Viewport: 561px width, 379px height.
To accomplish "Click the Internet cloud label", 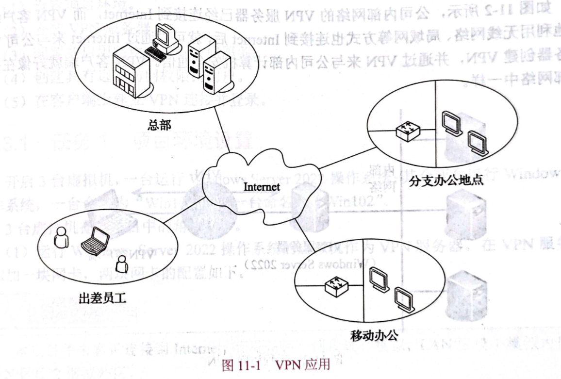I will click(x=261, y=186).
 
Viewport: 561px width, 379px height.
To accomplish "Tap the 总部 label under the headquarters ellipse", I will click(x=159, y=124).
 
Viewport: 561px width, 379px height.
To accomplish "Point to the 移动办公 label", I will click(x=374, y=334).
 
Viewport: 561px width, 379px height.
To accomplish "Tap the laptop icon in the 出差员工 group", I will click(x=94, y=239).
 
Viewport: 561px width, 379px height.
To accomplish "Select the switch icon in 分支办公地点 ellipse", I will click(x=407, y=131).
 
